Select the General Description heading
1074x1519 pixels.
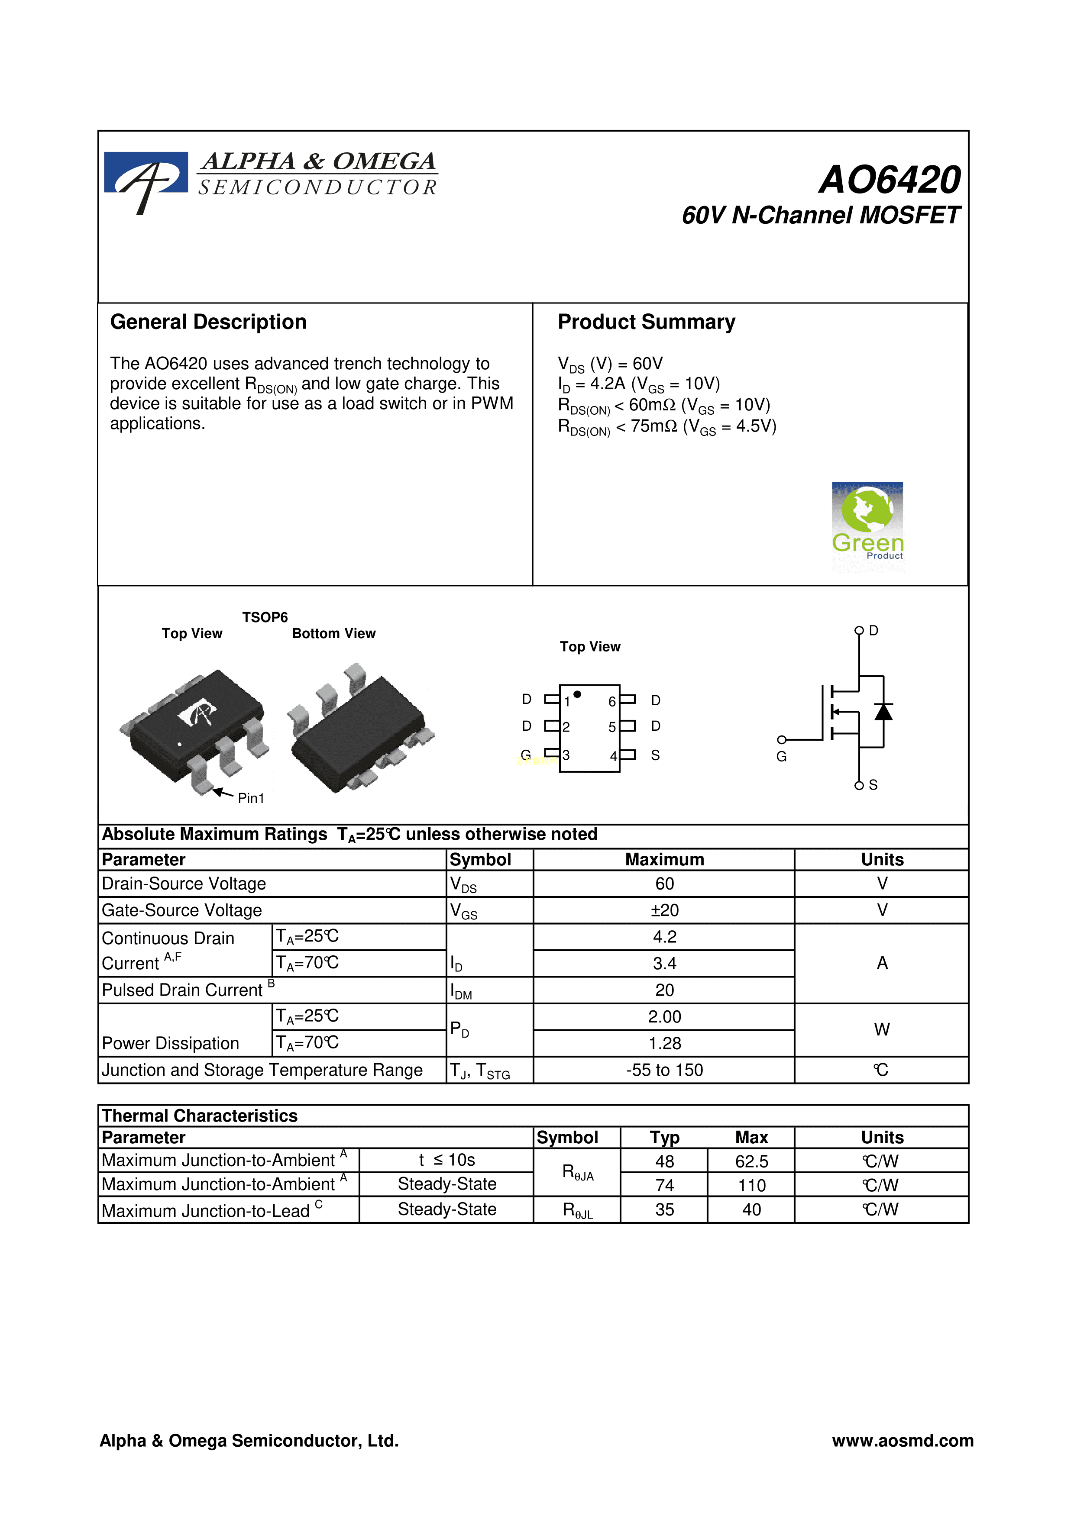point(208,322)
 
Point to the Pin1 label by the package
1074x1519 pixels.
point(251,799)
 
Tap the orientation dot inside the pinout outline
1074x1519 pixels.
point(578,694)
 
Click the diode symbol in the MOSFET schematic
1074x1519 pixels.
point(883,711)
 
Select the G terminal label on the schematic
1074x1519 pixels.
point(782,756)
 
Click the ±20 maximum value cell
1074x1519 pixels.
point(664,910)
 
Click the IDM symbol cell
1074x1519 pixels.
point(461,991)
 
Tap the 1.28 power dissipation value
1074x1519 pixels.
point(664,1043)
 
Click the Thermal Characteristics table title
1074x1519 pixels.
point(200,1116)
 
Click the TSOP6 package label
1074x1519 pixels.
point(265,617)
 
